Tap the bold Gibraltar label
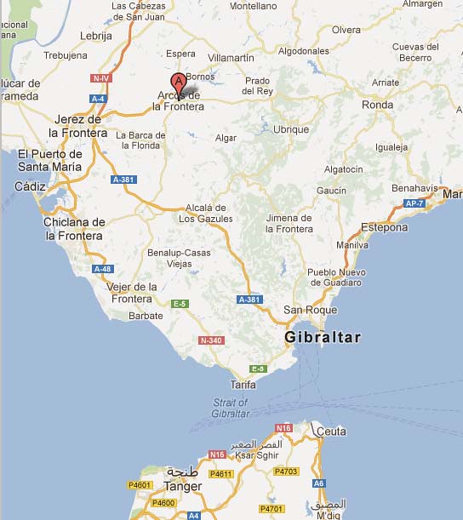click(323, 337)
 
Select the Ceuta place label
click(331, 431)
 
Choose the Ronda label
click(377, 105)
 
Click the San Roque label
click(310, 310)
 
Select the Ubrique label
click(291, 129)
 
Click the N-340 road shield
click(210, 340)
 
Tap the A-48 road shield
click(102, 269)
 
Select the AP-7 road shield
click(414, 204)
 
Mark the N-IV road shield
click(101, 77)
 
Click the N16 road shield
click(283, 428)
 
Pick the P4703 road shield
click(288, 470)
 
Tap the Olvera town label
click(346, 29)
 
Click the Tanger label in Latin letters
click(182, 487)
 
